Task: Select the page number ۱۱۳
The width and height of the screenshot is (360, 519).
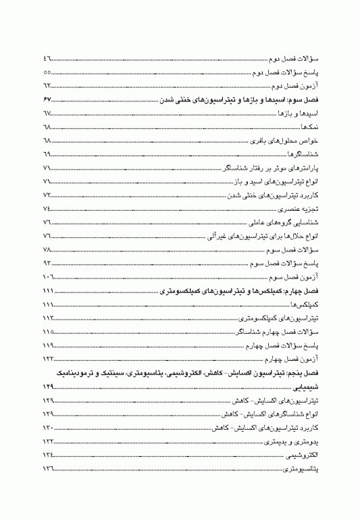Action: coord(49,318)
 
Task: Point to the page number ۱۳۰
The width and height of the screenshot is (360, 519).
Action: coord(49,429)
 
